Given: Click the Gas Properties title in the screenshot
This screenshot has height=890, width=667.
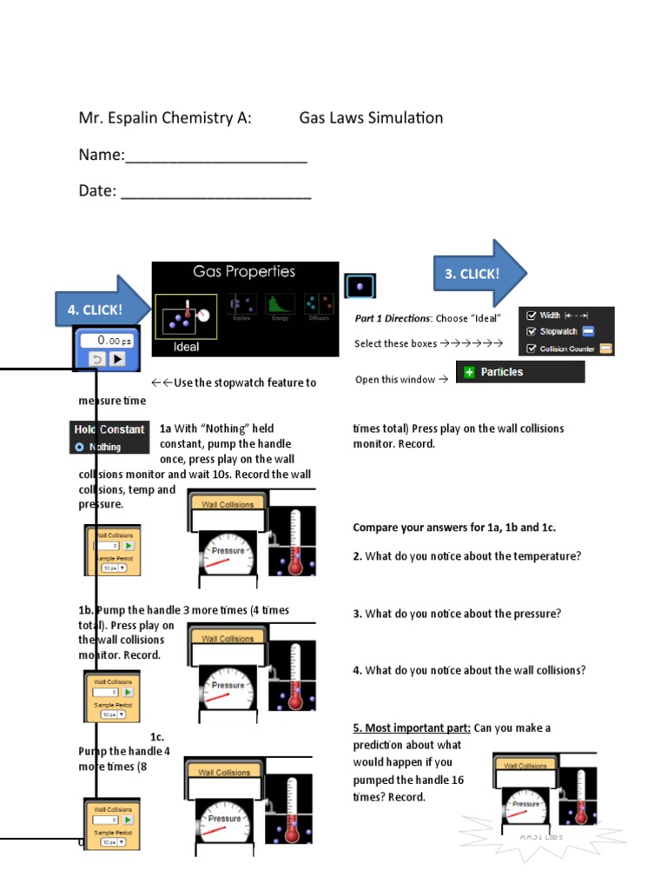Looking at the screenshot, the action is pos(244,272).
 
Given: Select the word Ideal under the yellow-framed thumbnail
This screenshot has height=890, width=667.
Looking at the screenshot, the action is pos(186,347).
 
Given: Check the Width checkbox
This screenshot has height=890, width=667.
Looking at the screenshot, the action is pos(531,315).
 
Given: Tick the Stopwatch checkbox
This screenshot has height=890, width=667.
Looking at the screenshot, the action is pos(531,331).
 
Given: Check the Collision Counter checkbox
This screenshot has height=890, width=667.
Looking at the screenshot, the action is pos(531,349).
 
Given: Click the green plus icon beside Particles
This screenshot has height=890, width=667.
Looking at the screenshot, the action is pos(469,372).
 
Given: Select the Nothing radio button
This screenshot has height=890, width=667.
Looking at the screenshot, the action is pos(80,447).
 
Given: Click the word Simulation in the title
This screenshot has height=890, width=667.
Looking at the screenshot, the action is pos(400,118).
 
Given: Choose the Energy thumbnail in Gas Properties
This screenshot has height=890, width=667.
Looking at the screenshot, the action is pos(281,305).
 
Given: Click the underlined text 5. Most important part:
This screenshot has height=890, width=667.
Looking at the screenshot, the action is pos(412,727).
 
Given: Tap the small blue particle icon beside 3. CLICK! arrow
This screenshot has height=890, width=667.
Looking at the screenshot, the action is pos(360,286).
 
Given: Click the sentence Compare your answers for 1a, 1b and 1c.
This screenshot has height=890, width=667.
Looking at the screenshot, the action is pos(454,528).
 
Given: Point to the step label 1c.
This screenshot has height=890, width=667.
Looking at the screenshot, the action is pos(157,736).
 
